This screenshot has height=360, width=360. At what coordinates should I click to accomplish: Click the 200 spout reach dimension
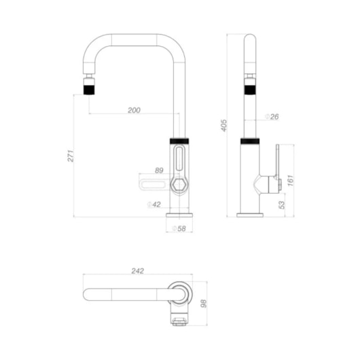click(x=134, y=110)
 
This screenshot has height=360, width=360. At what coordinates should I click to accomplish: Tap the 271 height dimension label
click(x=71, y=156)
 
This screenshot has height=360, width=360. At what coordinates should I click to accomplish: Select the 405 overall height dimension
click(x=224, y=126)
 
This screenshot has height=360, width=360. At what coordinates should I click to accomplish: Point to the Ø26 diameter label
click(x=272, y=117)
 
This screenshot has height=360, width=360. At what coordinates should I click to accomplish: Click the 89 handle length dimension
click(x=159, y=170)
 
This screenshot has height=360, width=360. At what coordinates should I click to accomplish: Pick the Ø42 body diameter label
click(x=154, y=204)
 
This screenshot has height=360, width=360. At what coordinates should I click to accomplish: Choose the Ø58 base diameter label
click(x=179, y=228)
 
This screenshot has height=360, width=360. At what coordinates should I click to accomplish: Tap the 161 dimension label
click(x=291, y=181)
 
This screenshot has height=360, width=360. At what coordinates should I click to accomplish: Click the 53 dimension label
click(x=281, y=205)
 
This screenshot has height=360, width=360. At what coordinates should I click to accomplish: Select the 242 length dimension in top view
click(x=138, y=271)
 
